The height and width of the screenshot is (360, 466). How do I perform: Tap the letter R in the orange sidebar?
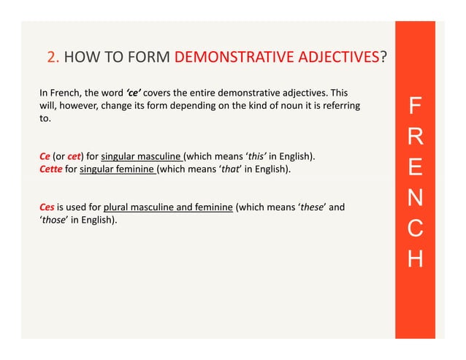415,139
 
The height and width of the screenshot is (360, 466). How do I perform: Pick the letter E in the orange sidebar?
415,169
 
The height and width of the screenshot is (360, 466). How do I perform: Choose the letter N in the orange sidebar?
415,199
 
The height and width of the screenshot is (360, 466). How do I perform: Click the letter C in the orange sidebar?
415,229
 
